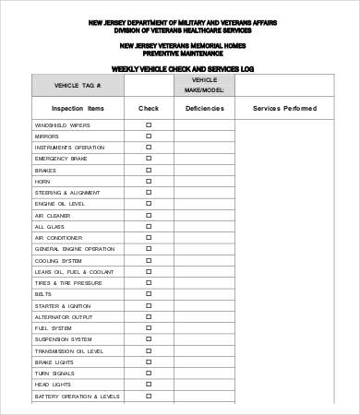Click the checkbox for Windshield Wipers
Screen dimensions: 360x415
(149, 125)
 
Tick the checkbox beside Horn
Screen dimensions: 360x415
(149, 181)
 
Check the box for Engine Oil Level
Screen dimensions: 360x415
(149, 203)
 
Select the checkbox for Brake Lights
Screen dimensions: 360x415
(149, 362)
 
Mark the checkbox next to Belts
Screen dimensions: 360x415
(149, 293)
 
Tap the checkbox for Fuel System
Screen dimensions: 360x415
(149, 327)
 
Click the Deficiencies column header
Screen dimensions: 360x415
(204, 108)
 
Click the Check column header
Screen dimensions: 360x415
(149, 108)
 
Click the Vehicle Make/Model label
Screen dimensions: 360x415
(204, 85)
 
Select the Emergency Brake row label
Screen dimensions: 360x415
(62, 158)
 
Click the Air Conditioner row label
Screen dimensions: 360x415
(59, 237)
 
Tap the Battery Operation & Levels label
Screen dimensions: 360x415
(78, 396)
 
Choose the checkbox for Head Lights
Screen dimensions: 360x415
(149, 385)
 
